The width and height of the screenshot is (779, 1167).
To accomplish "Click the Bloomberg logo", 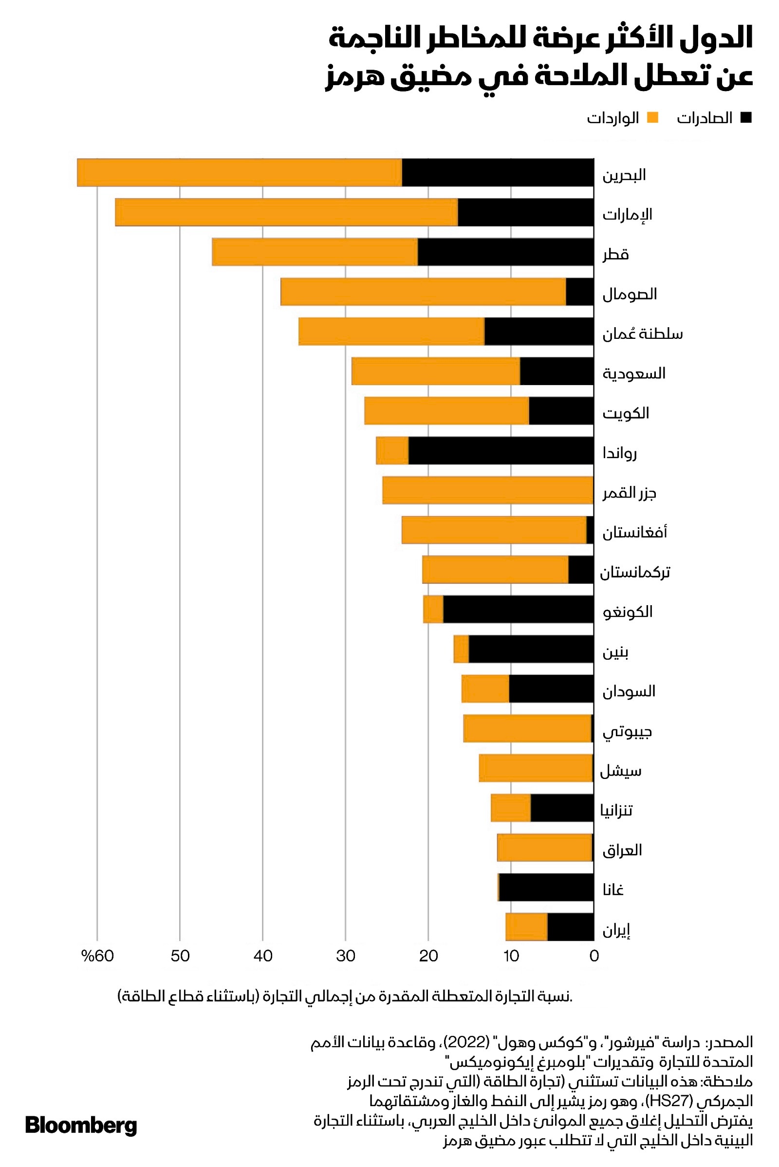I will tap(81, 1125).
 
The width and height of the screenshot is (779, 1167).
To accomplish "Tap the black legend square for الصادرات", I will tap(745, 118).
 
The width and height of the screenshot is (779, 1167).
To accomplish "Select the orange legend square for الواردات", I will tap(652, 118).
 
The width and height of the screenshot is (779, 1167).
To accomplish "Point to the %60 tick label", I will tap(97, 956).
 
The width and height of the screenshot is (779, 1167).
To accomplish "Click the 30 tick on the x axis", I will tap(346, 956).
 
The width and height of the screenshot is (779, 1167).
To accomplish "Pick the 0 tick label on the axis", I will tap(594, 956).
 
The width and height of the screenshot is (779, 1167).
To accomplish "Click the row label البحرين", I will tap(624, 175).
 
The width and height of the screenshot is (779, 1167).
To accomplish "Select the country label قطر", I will tap(616, 254).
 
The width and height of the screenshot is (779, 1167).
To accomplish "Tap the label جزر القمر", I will tap(630, 493).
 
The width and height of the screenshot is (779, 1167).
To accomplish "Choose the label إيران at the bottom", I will tap(616, 929).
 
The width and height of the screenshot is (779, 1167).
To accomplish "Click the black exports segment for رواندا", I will tap(501, 451).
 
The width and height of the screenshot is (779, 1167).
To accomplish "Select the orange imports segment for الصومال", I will tap(423, 292).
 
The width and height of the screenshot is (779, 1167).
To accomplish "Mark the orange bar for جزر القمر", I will tap(488, 490).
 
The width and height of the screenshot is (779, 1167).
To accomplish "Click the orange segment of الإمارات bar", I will tap(286, 212).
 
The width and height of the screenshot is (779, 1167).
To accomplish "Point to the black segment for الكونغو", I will tap(518, 609).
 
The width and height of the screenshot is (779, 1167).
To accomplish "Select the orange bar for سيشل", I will tap(536, 768).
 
